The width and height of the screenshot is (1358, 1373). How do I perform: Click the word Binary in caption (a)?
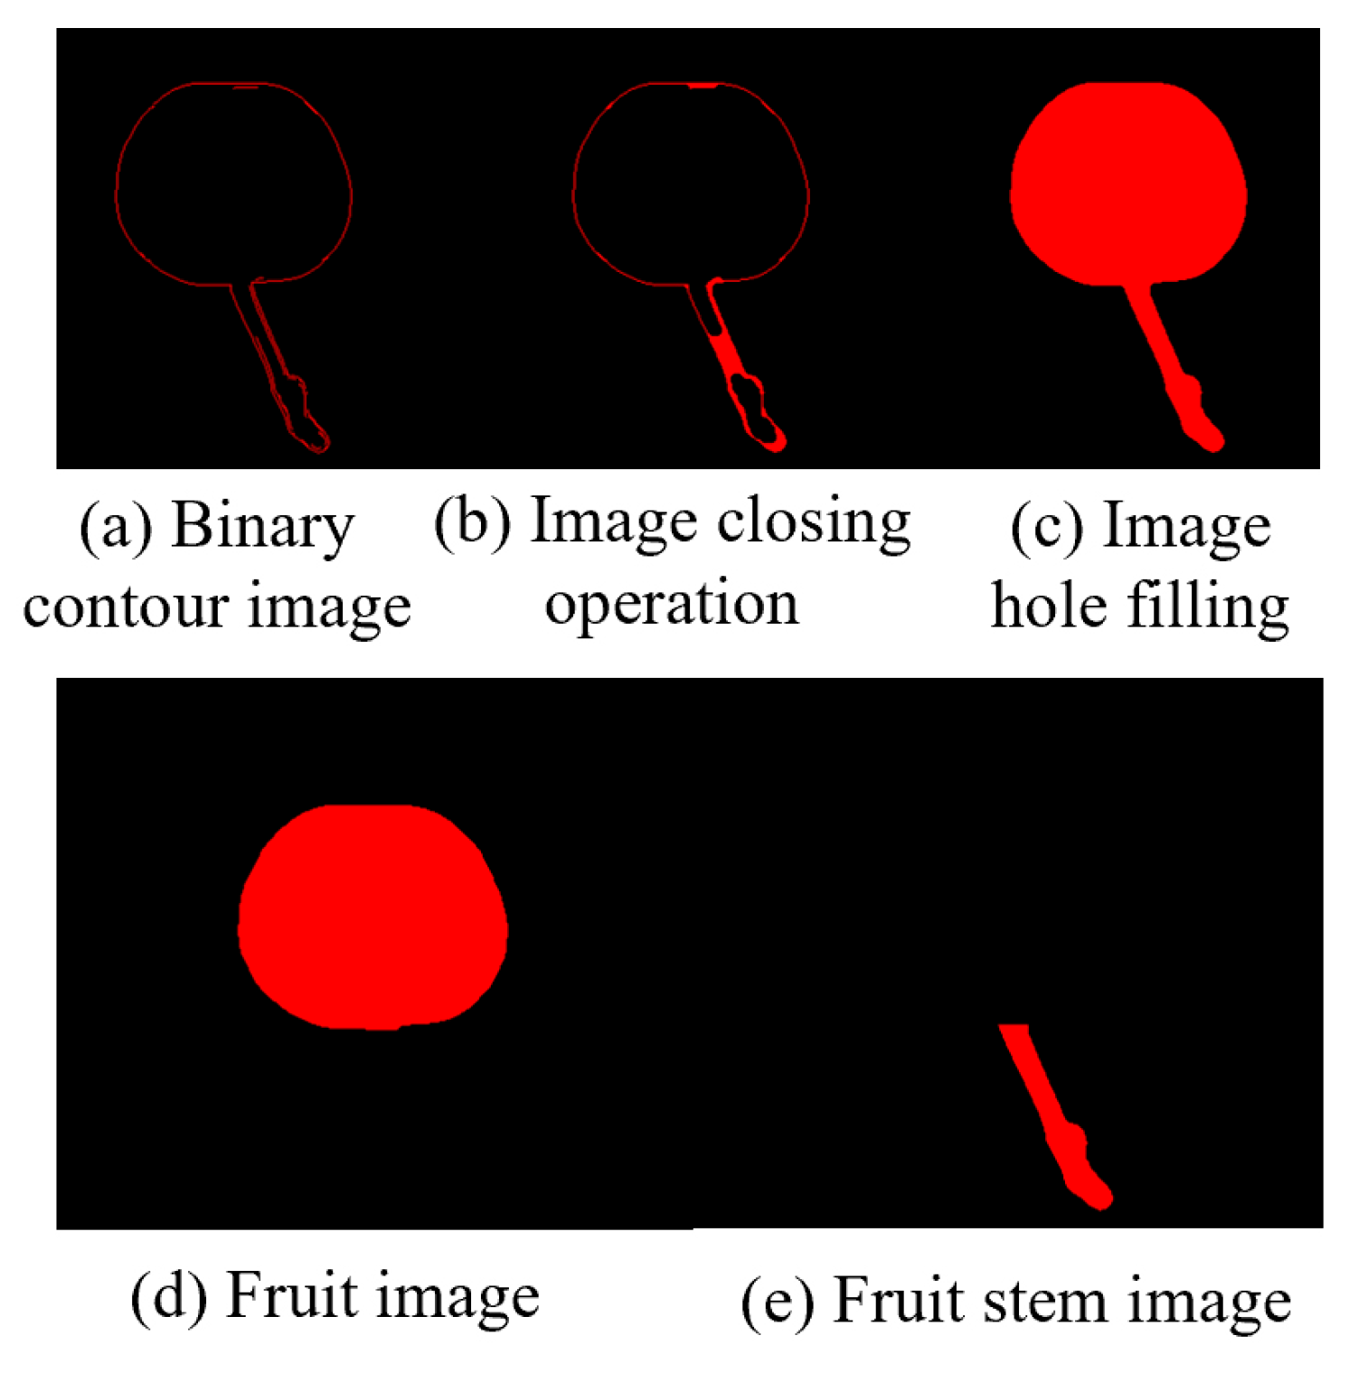tap(262, 526)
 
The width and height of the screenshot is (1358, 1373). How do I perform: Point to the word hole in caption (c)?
tap(1049, 606)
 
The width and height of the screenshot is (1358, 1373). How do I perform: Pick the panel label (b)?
tap(472, 522)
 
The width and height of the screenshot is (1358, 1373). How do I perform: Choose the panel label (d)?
tap(168, 1296)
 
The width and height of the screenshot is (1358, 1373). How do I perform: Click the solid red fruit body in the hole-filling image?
tap(1127, 185)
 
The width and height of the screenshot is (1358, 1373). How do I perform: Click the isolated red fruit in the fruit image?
tap(373, 917)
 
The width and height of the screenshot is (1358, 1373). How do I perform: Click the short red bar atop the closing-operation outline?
tap(703, 86)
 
